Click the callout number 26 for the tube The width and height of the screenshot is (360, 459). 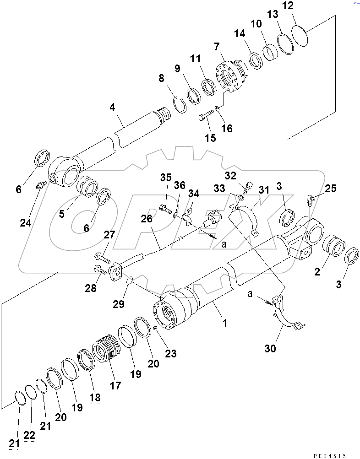point(146,219)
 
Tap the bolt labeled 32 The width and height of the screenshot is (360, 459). point(248,186)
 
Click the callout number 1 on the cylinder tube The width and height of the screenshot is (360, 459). point(224,323)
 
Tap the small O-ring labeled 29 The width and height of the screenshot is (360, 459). point(129,280)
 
